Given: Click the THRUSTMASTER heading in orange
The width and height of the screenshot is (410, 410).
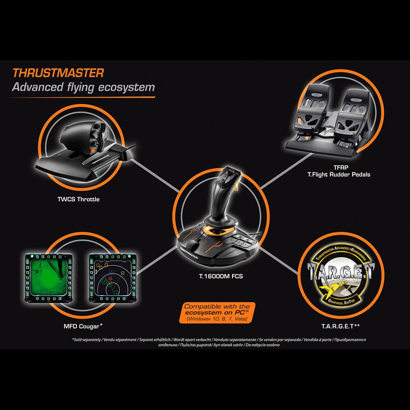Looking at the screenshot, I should pos(58,73).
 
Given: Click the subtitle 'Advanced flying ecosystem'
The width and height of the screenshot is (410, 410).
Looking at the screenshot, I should pos(83,87).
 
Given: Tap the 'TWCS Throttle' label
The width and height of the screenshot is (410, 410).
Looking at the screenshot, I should pos(78,200).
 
